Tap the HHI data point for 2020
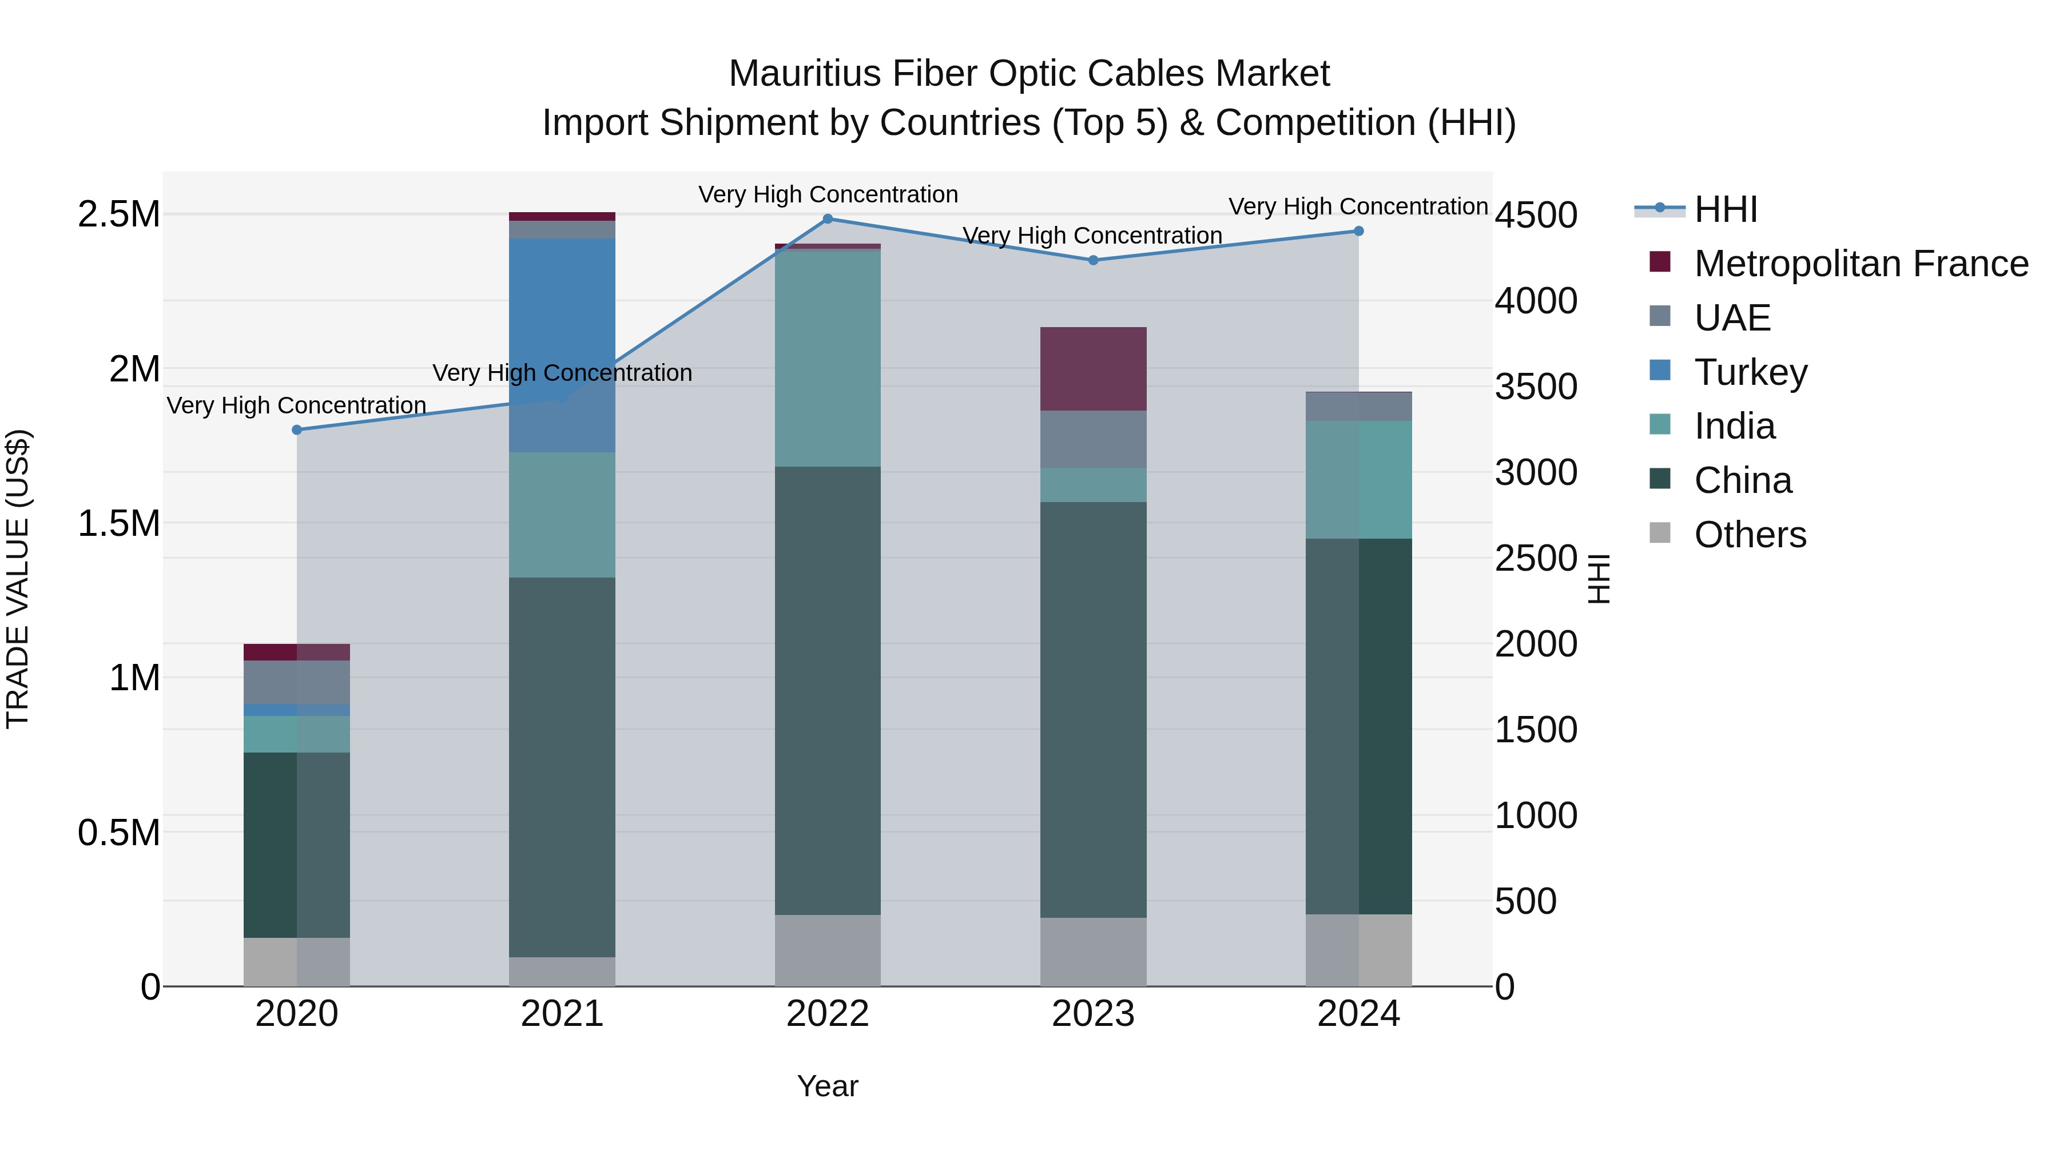point(296,430)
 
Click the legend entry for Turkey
point(1750,372)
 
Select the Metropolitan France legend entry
point(1859,264)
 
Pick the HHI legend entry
point(1725,209)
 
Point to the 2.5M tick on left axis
point(118,215)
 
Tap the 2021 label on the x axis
point(562,1014)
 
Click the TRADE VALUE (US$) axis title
point(18,579)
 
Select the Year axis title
point(827,1086)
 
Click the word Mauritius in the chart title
point(805,74)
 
